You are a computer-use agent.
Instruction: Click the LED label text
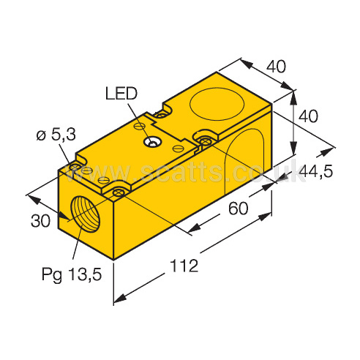(121, 94)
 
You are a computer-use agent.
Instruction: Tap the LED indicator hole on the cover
(152, 142)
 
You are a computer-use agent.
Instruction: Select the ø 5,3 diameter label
(56, 135)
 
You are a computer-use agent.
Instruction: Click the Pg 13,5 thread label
(72, 274)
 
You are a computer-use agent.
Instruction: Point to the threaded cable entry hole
(85, 214)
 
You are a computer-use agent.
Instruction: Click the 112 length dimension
(184, 266)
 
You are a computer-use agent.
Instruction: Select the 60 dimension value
(238, 209)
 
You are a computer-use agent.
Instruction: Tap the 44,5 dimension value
(316, 171)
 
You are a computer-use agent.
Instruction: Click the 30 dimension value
(40, 221)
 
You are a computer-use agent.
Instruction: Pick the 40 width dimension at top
(276, 66)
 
